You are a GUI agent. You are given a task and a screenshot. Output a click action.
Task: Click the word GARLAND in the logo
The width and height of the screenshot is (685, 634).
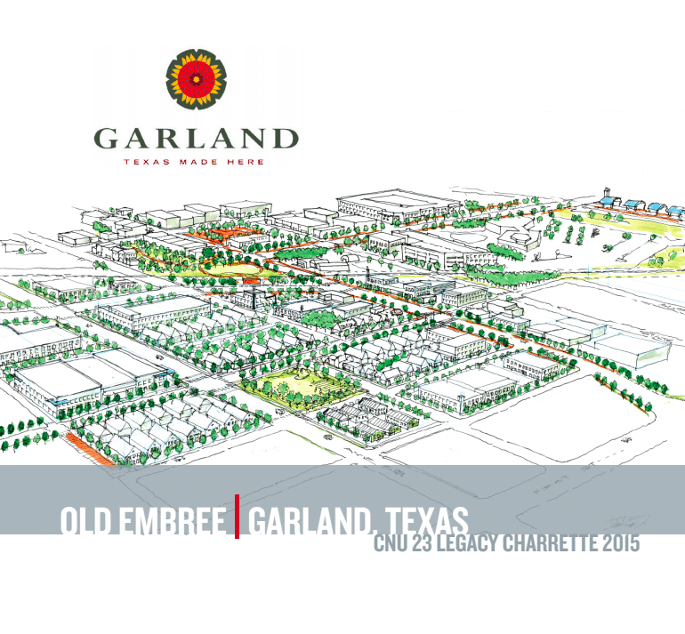[196, 139]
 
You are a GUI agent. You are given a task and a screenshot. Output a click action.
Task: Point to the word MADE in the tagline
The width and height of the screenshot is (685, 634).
[197, 163]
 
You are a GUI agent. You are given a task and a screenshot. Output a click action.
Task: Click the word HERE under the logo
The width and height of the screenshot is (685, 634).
[246, 163]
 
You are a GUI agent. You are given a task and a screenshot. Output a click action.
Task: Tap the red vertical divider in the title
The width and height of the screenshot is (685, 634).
[237, 517]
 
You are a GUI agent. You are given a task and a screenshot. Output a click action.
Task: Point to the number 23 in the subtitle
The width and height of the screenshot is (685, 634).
[425, 543]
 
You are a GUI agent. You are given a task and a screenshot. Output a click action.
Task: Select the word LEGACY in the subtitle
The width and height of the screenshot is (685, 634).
[469, 543]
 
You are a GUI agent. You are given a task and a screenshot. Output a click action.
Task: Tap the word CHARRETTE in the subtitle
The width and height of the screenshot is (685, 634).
[552, 543]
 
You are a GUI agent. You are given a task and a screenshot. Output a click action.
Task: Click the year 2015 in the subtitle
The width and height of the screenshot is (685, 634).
[622, 543]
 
